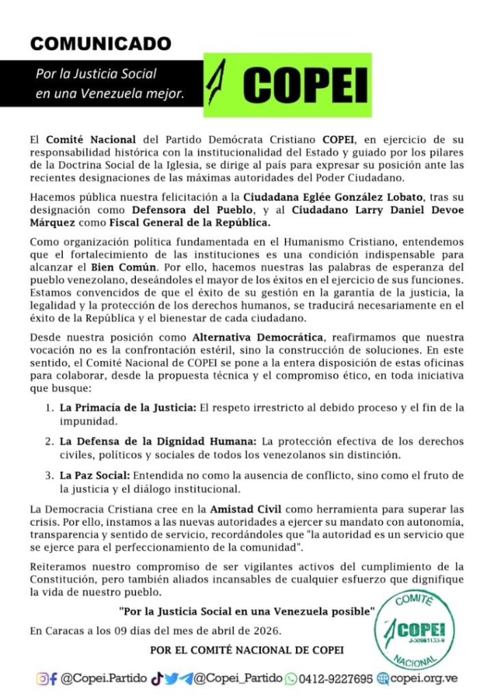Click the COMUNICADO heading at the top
coord(100,43)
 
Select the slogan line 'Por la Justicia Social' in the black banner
coord(96,74)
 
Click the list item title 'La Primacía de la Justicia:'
coord(128,408)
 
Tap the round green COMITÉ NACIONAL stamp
coord(417,628)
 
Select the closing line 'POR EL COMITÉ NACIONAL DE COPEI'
coord(247,649)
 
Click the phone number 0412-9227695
coord(335,679)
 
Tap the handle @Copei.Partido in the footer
coord(104,679)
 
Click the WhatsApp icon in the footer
coord(291,679)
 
